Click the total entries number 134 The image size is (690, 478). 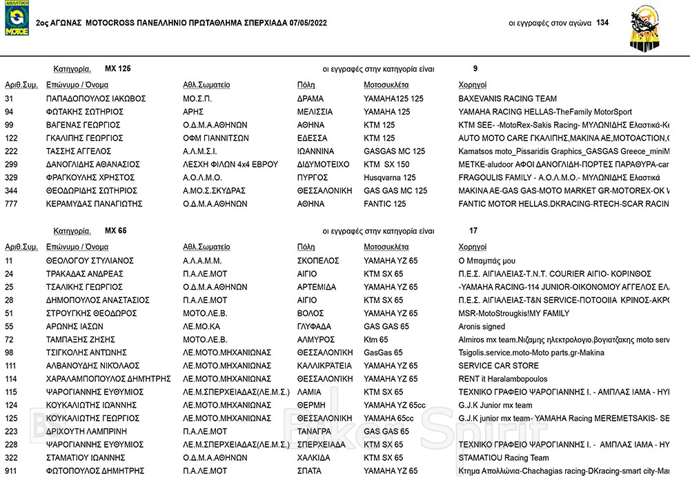pos(602,23)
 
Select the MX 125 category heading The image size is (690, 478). pos(117,69)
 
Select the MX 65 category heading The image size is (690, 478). pos(115,231)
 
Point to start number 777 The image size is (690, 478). pos(11,204)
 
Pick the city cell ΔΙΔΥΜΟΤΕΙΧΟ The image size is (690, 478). pos(322,165)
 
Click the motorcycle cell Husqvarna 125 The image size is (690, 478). pos(390,178)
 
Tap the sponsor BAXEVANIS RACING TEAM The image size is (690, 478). pos(507,99)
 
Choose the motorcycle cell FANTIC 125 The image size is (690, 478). pos(384,204)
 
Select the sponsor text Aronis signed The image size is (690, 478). pos(482,326)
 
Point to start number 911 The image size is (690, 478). pos(11,471)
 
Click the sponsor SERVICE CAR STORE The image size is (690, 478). pos(498,366)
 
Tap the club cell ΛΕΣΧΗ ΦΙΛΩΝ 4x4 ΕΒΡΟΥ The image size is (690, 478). pos(230,165)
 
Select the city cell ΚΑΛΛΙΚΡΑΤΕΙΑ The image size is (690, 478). pos(324,366)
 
